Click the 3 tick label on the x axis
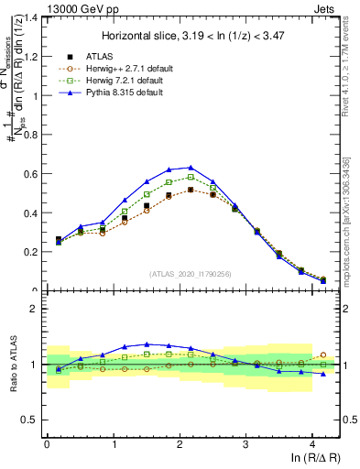[245, 444]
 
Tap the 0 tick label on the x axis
[47, 444]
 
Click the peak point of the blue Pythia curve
[191, 168]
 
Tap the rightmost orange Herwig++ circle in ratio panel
[322, 354]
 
